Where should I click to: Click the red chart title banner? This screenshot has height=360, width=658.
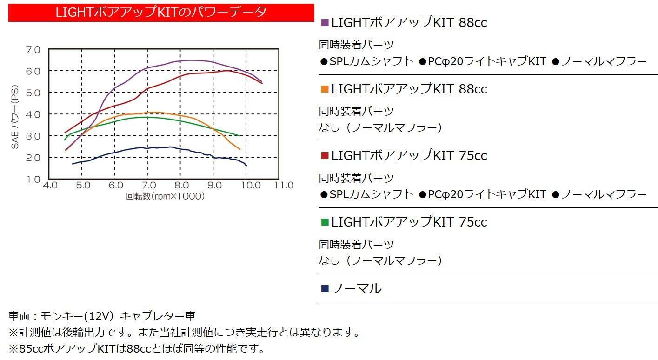[161, 13]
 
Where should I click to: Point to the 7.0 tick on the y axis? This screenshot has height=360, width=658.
[33, 50]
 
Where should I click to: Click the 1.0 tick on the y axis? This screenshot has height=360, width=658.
[33, 179]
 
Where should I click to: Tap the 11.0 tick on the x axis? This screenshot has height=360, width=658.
[284, 186]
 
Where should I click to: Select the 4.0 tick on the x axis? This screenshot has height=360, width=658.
[50, 186]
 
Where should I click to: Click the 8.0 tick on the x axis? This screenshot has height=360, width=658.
[181, 186]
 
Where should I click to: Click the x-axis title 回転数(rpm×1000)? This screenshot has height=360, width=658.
[165, 196]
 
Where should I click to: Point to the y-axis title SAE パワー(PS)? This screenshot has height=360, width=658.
[15, 117]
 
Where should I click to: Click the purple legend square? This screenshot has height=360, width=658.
[325, 22]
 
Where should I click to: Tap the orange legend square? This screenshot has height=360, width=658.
[325, 89]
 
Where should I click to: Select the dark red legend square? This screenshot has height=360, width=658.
[325, 155]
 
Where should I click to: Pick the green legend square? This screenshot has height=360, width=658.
[325, 222]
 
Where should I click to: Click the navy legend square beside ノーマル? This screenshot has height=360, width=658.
[325, 288]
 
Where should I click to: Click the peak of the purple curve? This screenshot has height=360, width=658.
[191, 60]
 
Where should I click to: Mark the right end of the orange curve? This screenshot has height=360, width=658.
[240, 149]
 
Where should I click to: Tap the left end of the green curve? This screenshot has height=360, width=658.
[65, 140]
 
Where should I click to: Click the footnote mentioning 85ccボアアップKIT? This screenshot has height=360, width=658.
[137, 348]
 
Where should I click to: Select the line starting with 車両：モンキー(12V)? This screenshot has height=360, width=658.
[102, 316]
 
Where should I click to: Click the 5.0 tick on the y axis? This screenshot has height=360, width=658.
[33, 93]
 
